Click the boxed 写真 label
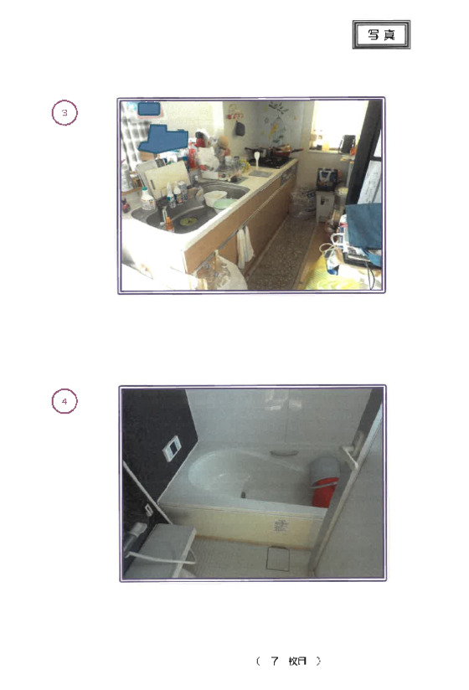[x=381, y=34]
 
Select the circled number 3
[x=64, y=113]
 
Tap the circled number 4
[x=64, y=401]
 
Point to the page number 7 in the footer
[x=275, y=661]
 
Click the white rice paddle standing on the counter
[x=256, y=159]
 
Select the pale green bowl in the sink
[x=224, y=204]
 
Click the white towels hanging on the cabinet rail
[x=245, y=245]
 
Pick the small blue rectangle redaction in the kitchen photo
[x=149, y=109]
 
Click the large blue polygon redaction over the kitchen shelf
[x=163, y=139]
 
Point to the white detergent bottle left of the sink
[x=147, y=199]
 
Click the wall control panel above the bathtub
[x=172, y=448]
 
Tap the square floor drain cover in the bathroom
[x=278, y=559]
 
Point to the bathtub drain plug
[x=243, y=495]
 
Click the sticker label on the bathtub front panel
[x=281, y=524]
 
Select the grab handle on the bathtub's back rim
[x=283, y=453]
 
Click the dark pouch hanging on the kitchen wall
[x=240, y=128]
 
